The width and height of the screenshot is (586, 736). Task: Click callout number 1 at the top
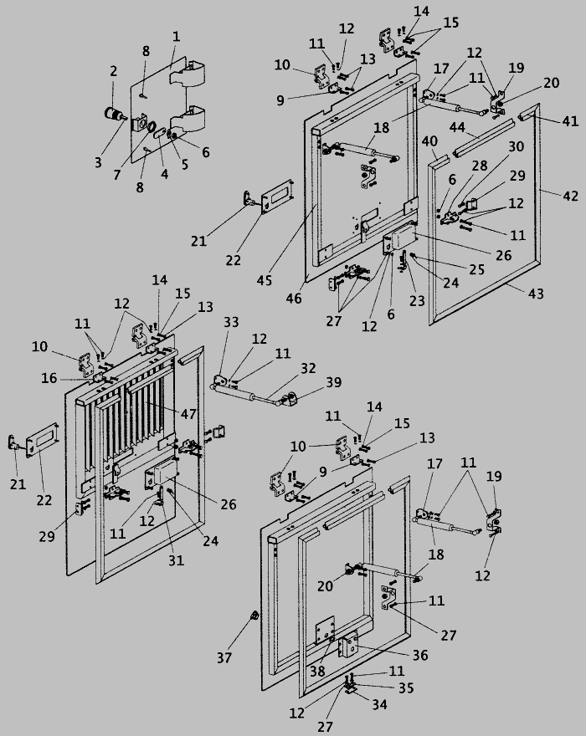coord(176,37)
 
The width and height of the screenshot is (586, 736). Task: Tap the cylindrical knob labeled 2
coord(111,115)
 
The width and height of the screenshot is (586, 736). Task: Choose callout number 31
coord(175,561)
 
